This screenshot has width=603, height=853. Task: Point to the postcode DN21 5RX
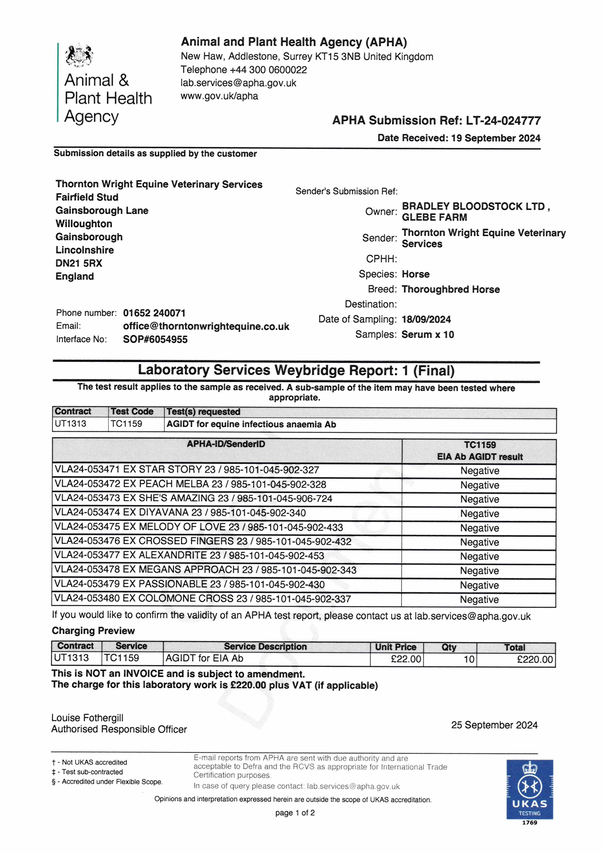[79, 263]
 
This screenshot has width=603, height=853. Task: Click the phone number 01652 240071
[154, 313]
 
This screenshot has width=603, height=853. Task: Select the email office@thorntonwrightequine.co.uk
[206, 327]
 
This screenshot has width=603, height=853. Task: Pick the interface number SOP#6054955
[155, 339]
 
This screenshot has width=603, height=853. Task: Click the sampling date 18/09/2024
[426, 320]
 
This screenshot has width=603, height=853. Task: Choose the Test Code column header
[132, 412]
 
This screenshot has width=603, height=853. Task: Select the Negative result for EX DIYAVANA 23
[480, 514]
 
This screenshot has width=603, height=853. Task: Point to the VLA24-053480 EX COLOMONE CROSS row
[203, 599]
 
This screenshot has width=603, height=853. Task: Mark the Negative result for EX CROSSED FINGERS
[480, 542]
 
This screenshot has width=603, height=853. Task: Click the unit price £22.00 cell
[406, 659]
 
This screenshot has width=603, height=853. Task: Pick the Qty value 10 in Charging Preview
[469, 659]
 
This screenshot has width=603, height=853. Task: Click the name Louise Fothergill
[87, 718]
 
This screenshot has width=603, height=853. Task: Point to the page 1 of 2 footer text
[295, 813]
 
